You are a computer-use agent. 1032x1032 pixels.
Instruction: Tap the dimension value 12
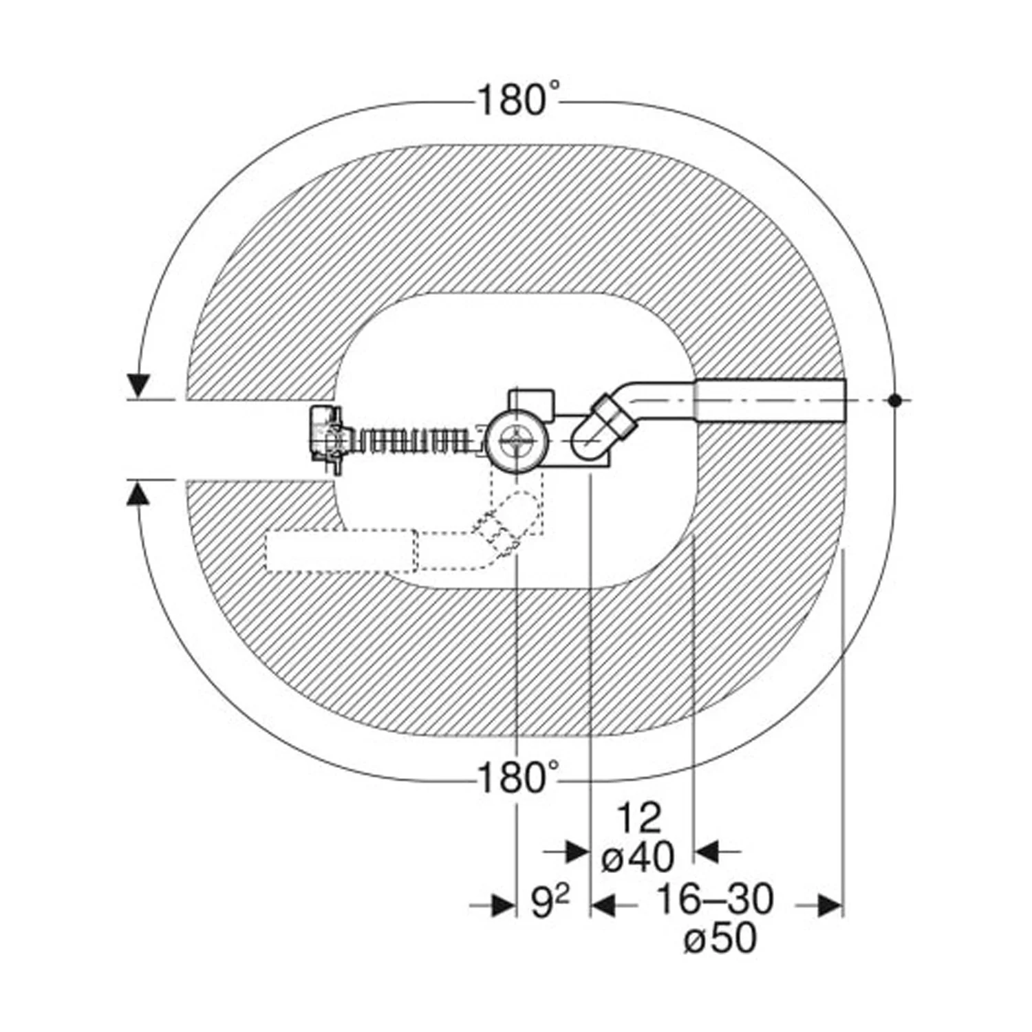(638, 819)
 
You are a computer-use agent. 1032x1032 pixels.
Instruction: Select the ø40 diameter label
(638, 857)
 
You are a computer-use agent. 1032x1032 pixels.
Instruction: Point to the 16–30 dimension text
(714, 899)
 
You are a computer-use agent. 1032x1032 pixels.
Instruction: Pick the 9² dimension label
(550, 902)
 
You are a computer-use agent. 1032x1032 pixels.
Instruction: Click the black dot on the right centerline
(894, 399)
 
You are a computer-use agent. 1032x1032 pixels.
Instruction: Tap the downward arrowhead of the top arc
(140, 387)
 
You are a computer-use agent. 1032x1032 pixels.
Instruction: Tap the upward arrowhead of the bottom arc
(140, 493)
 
